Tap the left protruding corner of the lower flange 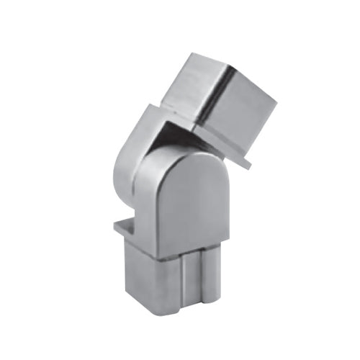coord(116,229)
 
